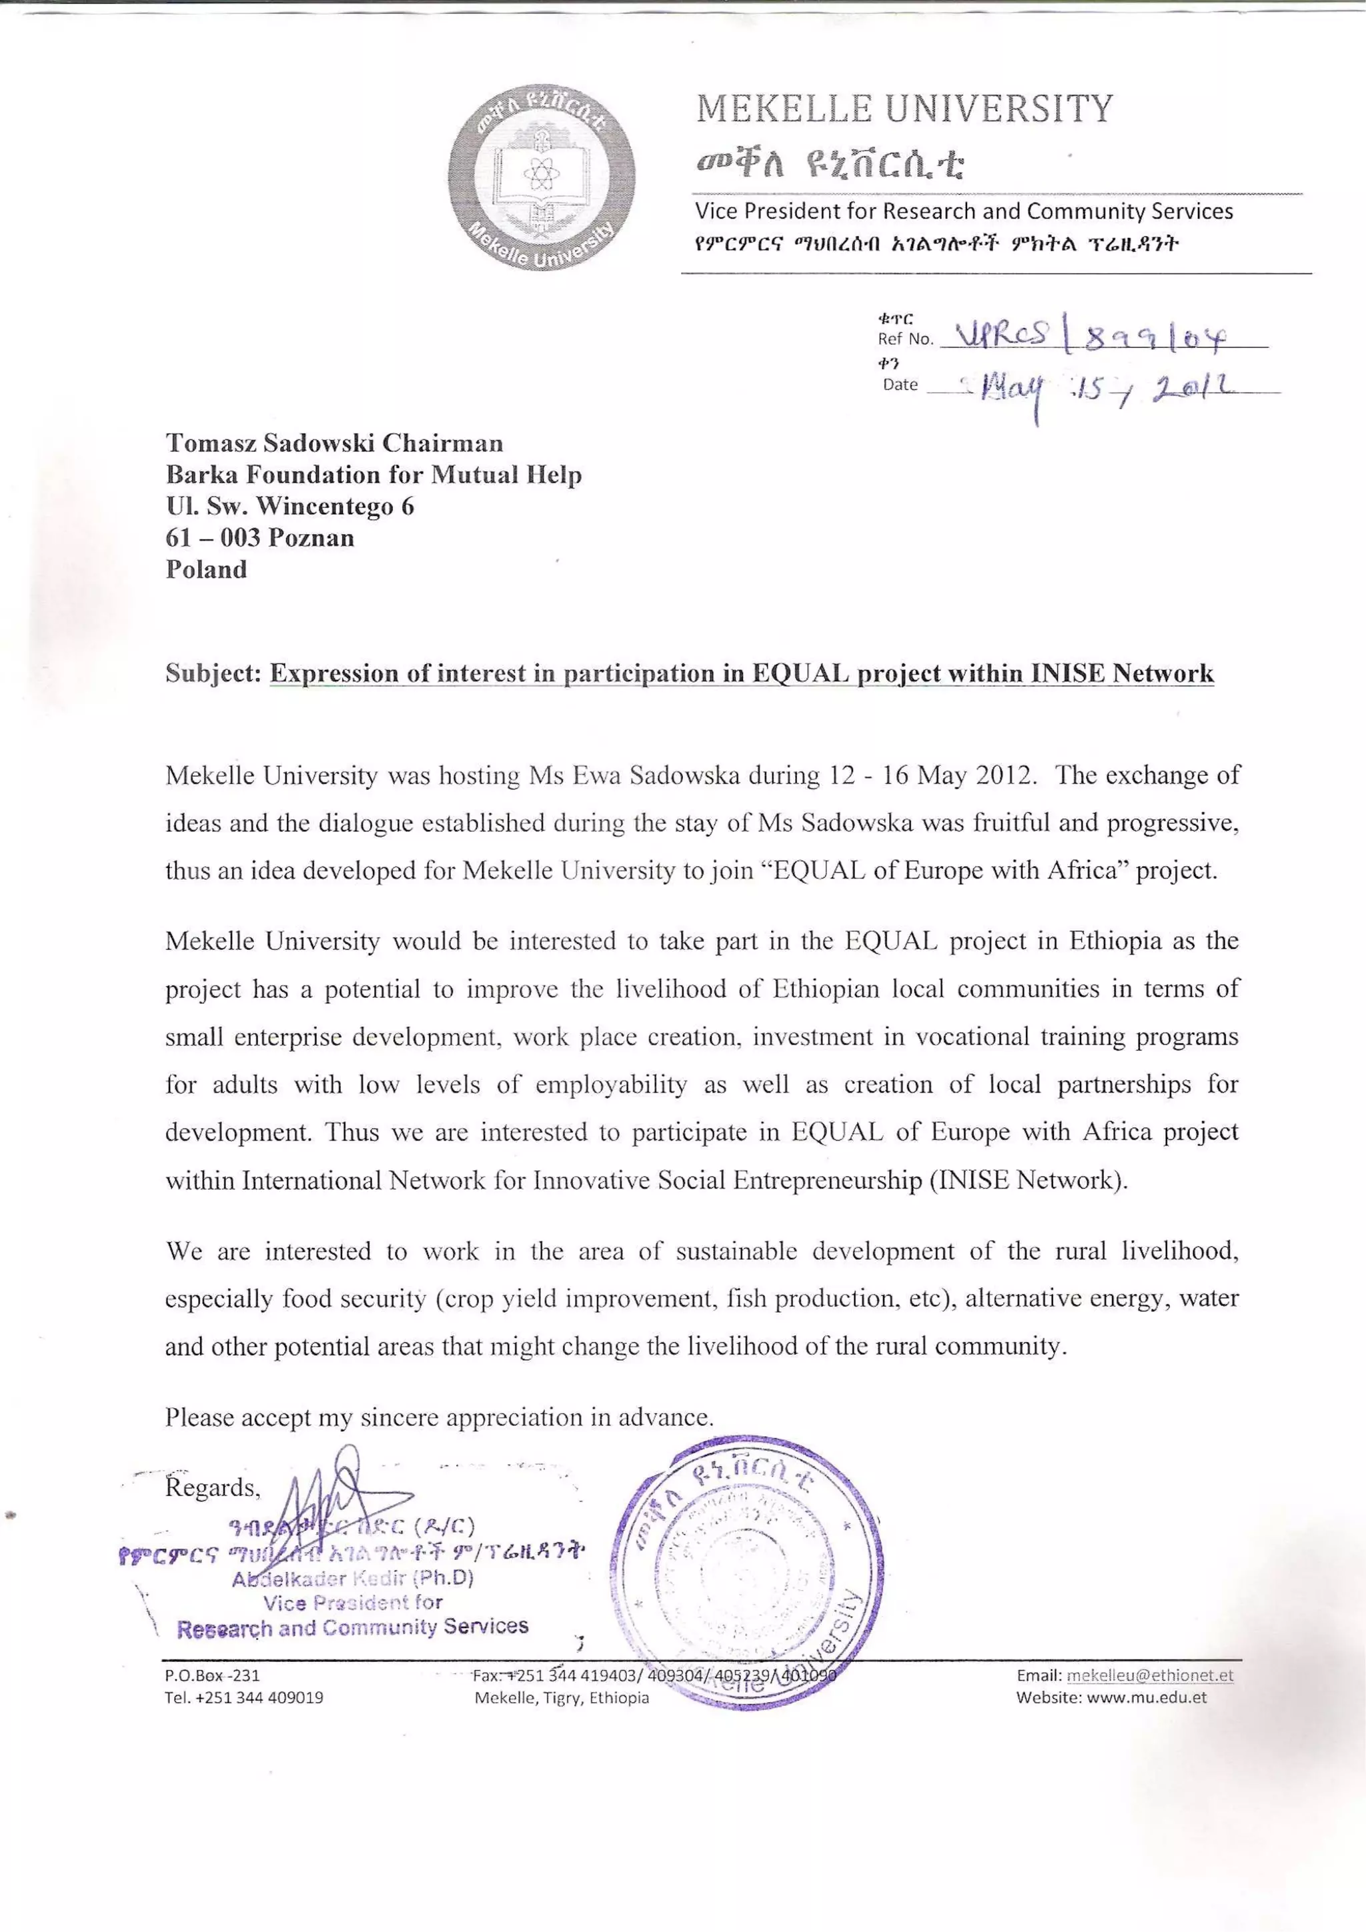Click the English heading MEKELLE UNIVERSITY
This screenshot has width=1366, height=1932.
pos(905,109)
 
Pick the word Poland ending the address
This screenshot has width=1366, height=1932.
pos(206,570)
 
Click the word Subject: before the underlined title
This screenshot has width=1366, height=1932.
pos(214,674)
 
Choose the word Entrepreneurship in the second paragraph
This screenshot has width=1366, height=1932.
pos(827,1181)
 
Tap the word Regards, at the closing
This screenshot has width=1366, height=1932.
pos(213,1488)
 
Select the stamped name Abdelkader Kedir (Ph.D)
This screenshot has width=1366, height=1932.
pos(353,1579)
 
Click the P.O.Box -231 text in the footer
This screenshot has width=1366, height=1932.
pos(212,1675)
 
